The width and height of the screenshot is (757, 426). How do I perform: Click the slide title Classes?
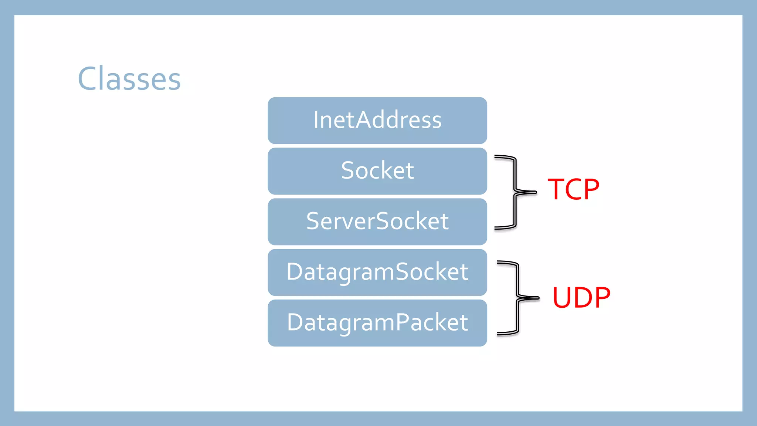coord(129,79)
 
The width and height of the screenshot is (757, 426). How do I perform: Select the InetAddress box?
coord(377,121)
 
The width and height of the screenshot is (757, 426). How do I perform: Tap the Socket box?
coord(377,171)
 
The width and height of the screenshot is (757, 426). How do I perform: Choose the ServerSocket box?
coord(377,222)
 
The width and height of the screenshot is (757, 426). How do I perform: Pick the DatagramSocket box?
coord(377,272)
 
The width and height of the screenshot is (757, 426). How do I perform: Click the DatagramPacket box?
coord(377,323)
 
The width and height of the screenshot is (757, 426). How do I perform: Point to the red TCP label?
coord(573,189)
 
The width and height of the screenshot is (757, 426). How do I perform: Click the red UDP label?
coord(581,297)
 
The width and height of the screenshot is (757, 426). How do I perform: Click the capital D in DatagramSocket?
coord(297,272)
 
